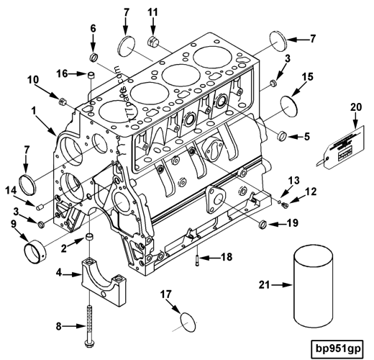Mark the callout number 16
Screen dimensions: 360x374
pos(63,73)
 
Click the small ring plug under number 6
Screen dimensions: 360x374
pos(93,57)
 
